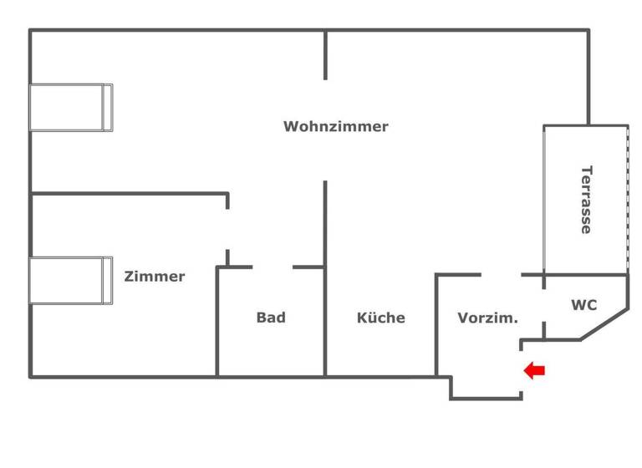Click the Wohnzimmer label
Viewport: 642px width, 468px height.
pyautogui.click(x=335, y=127)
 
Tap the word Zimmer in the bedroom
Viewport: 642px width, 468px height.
pyautogui.click(x=155, y=277)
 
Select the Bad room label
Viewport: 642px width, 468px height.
pyautogui.click(x=271, y=318)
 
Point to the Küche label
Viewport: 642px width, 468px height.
pyautogui.click(x=380, y=318)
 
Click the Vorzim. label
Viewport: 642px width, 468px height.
pyautogui.click(x=488, y=318)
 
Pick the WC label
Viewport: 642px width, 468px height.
pyautogui.click(x=583, y=305)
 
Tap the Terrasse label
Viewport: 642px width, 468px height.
pyautogui.click(x=586, y=200)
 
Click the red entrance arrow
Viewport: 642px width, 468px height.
pyautogui.click(x=534, y=370)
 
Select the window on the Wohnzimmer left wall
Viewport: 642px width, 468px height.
pyautogui.click(x=71, y=107)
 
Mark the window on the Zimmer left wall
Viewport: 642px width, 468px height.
pyautogui.click(x=71, y=281)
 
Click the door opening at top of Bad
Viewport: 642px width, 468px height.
pyautogui.click(x=273, y=267)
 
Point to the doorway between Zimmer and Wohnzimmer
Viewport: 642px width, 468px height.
pyautogui.click(x=227, y=228)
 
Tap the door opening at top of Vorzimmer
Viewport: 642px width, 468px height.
pyautogui.click(x=501, y=274)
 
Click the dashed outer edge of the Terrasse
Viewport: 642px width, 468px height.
pyautogui.click(x=627, y=200)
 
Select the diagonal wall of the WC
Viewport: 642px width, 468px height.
pyautogui.click(x=604, y=324)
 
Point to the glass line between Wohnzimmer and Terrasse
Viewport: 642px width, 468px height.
pyautogui.click(x=545, y=200)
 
